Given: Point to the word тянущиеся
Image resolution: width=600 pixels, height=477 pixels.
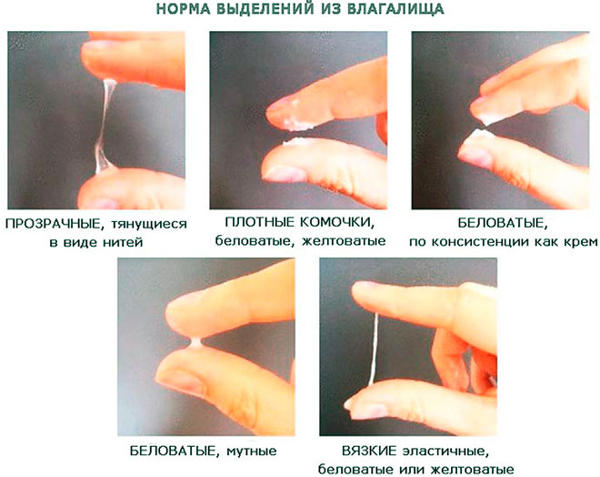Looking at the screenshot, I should (147, 224).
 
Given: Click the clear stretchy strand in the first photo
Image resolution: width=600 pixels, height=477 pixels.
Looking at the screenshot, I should (105, 118).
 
